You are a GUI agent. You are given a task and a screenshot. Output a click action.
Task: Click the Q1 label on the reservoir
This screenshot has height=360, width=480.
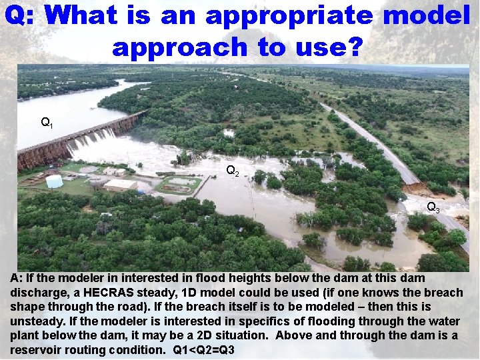(47, 123)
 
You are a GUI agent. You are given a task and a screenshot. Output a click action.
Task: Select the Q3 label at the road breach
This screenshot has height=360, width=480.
(433, 207)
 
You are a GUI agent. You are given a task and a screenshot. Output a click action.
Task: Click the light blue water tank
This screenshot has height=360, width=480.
(54, 181)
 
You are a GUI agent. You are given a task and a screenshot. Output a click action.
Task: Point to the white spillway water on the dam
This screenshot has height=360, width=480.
(90, 139)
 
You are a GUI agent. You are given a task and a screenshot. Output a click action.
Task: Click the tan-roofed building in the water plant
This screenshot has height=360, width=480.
(120, 185)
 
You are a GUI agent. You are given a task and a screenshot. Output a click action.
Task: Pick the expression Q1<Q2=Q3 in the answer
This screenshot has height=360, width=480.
(203, 350)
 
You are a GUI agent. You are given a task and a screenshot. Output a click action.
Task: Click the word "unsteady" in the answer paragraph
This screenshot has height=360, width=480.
(34, 321)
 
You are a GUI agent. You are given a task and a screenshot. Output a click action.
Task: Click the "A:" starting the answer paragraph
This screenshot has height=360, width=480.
(17, 278)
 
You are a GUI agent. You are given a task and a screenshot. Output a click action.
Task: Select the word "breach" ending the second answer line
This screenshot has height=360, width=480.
(443, 293)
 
